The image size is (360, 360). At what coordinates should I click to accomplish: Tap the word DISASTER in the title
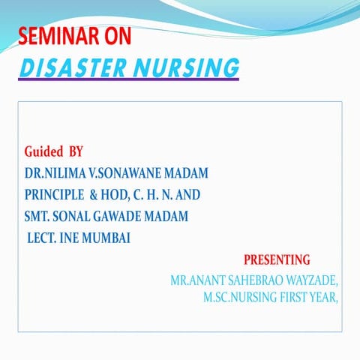pyautogui.click(x=68, y=68)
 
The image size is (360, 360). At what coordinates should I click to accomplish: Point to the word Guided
pyautogui.click(x=43, y=152)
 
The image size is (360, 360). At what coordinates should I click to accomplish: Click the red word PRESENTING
pyautogui.click(x=277, y=260)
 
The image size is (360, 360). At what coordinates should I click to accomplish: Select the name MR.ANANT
pyautogui.click(x=197, y=281)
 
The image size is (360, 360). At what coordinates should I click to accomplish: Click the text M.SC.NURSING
pyautogui.click(x=239, y=297)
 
